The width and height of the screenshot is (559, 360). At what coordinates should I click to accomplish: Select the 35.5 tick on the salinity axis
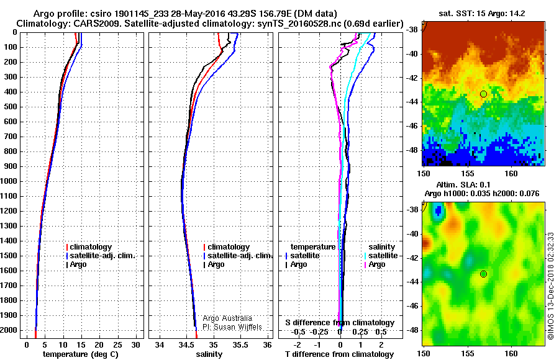pyautogui.click(x=240, y=344)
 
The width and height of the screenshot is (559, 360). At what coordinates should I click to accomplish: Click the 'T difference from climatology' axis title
pyautogui.click(x=340, y=354)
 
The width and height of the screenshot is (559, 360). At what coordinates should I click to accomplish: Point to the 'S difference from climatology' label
pyautogui.click(x=340, y=323)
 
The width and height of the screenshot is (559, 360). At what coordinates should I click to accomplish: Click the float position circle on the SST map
pyautogui.click(x=483, y=94)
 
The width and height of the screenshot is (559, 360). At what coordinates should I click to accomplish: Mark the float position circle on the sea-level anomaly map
pyautogui.click(x=483, y=274)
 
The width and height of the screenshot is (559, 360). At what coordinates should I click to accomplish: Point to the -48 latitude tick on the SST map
pyautogui.click(x=413, y=150)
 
